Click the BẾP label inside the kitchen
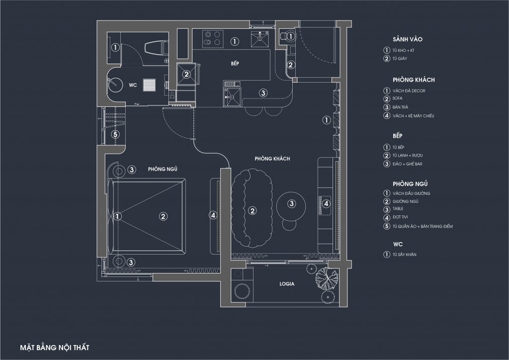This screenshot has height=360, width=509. (x=235, y=63)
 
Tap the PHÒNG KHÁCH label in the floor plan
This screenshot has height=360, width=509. (x=272, y=159)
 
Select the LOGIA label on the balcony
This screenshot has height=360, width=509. (x=287, y=284)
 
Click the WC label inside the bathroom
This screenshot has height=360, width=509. (x=133, y=85)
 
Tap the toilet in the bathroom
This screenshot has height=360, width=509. (x=156, y=49)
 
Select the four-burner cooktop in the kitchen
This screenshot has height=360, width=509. (x=213, y=39)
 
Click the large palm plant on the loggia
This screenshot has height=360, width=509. (x=327, y=277)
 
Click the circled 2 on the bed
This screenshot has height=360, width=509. (x=163, y=216)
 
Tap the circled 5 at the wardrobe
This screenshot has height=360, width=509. (x=115, y=134)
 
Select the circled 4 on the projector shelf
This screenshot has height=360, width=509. (x=326, y=203)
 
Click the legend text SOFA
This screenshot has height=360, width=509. (x=397, y=98)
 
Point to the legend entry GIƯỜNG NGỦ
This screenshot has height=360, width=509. (x=406, y=201)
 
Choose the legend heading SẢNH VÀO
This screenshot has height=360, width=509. (x=408, y=39)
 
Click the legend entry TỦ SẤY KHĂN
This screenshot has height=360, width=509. (x=405, y=255)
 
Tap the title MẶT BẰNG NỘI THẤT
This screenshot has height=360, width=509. (x=55, y=348)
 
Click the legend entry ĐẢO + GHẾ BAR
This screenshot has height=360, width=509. (x=408, y=164)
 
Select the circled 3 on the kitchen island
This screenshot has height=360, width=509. (x=263, y=93)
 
